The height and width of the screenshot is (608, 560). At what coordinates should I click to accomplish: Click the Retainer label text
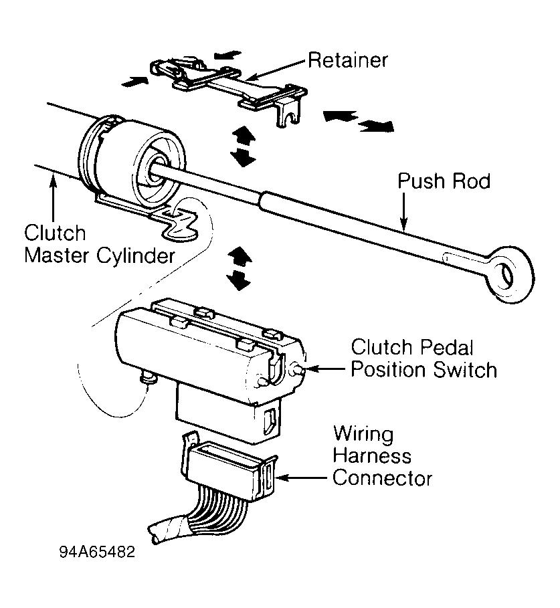point(348,60)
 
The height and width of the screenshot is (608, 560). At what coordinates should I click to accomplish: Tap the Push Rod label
point(444,181)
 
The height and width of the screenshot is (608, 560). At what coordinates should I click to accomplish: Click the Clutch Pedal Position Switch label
point(424,359)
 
